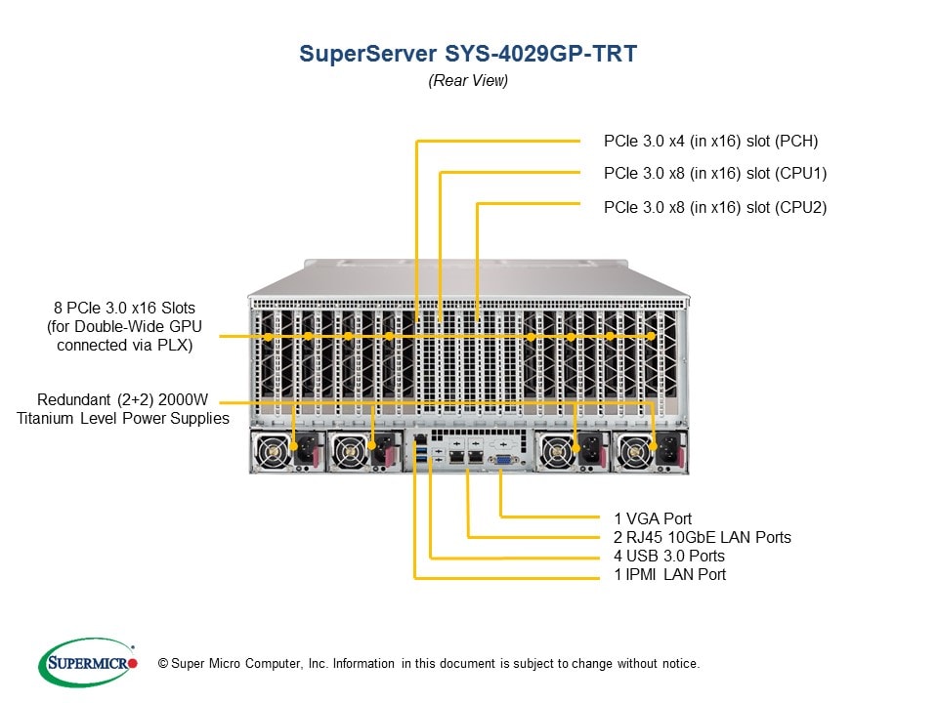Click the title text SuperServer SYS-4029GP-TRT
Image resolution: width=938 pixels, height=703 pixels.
pyautogui.click(x=468, y=54)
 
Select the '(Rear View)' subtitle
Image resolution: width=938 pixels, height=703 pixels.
pyautogui.click(x=468, y=81)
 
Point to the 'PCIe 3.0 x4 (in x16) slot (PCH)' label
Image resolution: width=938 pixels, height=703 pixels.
pyautogui.click(x=710, y=141)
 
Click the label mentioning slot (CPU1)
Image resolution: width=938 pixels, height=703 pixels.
pyautogui.click(x=715, y=174)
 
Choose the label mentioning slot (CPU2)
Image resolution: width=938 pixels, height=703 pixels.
pyautogui.click(x=715, y=207)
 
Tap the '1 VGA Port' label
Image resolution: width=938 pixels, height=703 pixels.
pyautogui.click(x=653, y=518)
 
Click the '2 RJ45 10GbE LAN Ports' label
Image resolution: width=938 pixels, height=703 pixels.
pyautogui.click(x=702, y=537)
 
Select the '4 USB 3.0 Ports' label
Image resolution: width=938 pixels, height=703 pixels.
pyautogui.click(x=669, y=556)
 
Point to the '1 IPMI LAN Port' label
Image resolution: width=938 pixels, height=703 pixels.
pyautogui.click(x=669, y=574)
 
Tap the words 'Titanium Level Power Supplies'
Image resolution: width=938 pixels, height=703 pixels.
pyautogui.click(x=122, y=419)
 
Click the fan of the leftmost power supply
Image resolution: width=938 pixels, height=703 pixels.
pyautogui.click(x=272, y=452)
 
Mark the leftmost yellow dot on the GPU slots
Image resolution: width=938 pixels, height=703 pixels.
pyautogui.click(x=268, y=336)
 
